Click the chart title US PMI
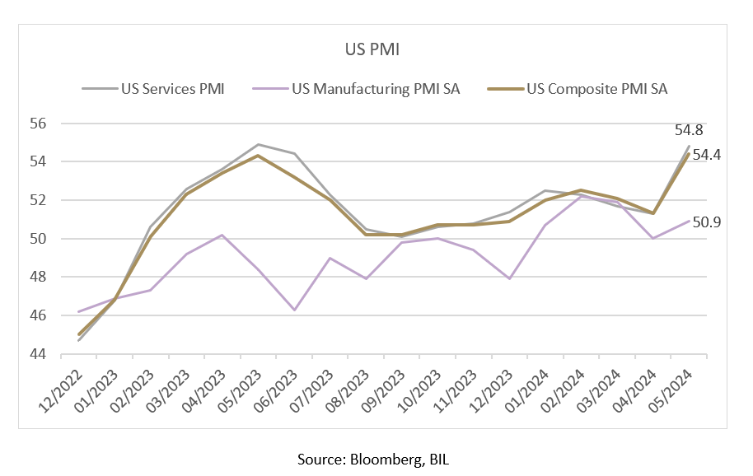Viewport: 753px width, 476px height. [372, 49]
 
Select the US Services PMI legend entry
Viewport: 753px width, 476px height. [152, 89]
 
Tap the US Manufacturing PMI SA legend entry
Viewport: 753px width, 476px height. [356, 89]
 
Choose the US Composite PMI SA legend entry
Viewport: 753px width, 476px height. [578, 89]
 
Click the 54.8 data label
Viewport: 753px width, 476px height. [689, 130]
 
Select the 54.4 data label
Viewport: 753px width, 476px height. [706, 155]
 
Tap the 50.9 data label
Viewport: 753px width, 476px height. [706, 222]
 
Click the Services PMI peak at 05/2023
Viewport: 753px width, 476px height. [259, 144]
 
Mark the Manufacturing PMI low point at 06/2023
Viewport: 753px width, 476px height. [294, 310]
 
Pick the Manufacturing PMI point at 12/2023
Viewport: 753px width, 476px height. [509, 279]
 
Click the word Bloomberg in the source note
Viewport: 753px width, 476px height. [386, 460]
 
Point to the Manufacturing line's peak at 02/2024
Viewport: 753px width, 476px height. [581, 196]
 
